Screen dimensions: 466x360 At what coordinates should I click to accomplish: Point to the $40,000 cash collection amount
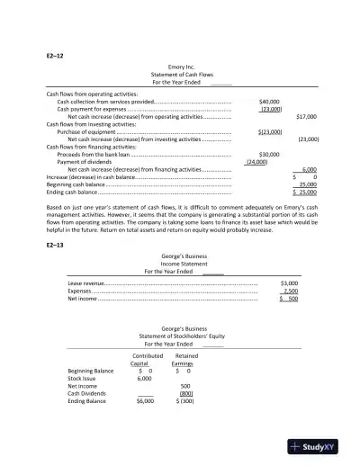point(269,102)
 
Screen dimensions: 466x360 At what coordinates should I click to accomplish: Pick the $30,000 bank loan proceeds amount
point(269,154)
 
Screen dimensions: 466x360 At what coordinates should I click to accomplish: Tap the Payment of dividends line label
point(84,161)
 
